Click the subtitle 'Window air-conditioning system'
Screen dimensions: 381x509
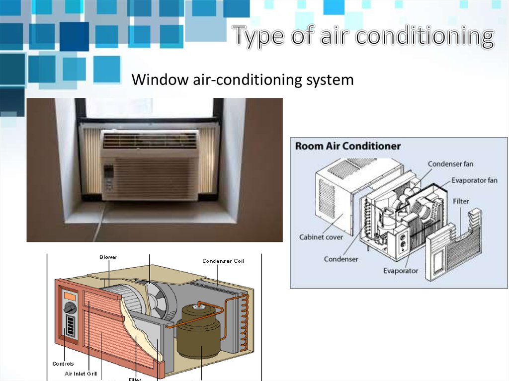click(242, 79)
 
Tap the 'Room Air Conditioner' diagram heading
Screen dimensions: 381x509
click(348, 146)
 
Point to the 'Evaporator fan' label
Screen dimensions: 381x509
click(474, 180)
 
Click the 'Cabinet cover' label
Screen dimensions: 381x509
click(321, 237)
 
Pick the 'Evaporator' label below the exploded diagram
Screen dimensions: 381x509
click(401, 271)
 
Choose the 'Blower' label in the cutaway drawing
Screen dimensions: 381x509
click(108, 257)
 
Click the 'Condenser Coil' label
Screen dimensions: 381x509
click(223, 261)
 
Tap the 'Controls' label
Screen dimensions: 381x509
click(64, 364)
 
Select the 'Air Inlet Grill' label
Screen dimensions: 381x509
click(82, 373)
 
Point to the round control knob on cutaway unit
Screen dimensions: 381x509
click(70, 308)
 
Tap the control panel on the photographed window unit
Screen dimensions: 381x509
click(108, 178)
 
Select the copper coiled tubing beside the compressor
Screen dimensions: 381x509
click(244, 318)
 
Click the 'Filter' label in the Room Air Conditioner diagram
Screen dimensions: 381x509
click(461, 202)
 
